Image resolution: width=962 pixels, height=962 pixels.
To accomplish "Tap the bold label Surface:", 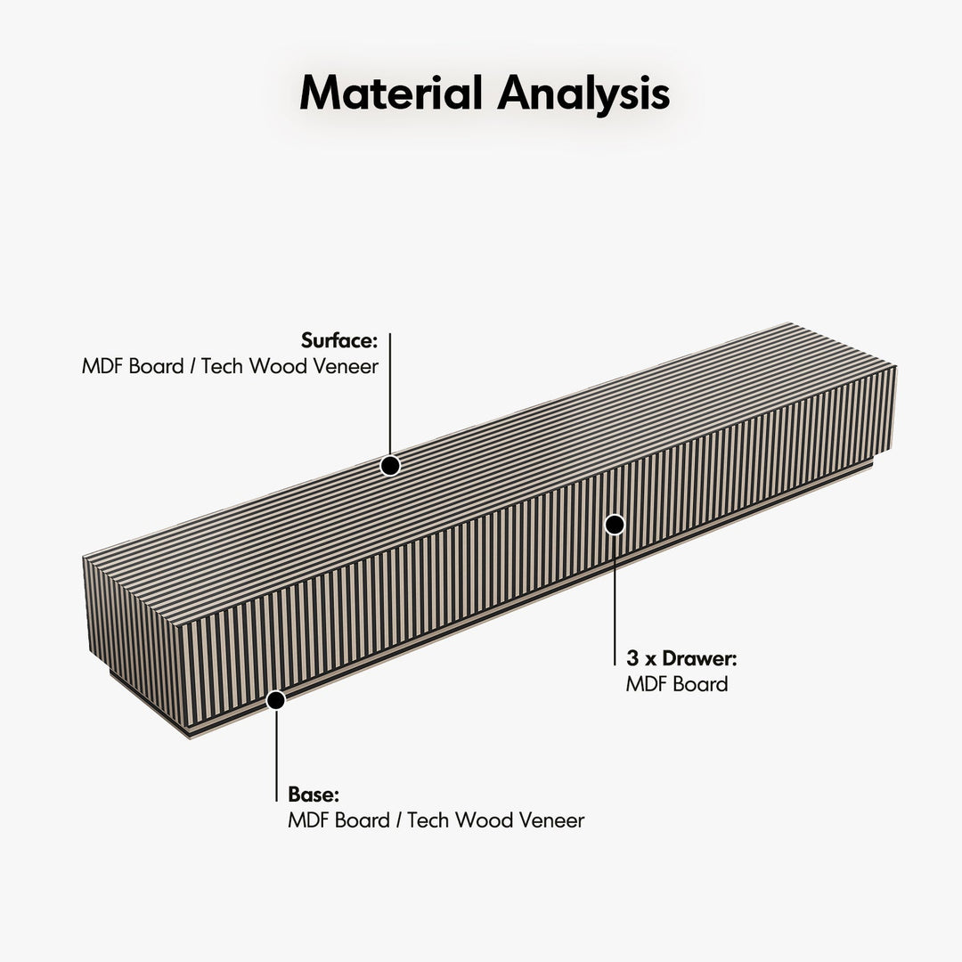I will click(x=339, y=340).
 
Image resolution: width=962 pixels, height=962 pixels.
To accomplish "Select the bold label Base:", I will click(x=313, y=794).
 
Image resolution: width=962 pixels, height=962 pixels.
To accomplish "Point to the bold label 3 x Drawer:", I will click(x=681, y=659).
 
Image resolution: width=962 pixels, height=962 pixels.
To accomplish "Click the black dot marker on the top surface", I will click(x=390, y=465).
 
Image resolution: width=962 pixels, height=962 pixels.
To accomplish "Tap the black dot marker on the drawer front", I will click(x=615, y=525).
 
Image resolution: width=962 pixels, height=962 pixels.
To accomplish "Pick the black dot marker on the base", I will click(x=276, y=700).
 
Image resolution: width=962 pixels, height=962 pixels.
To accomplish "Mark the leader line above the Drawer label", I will click(x=615, y=597).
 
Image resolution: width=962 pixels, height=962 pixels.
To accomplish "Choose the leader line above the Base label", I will click(x=276, y=748).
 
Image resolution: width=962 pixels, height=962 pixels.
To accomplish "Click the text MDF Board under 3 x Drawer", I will click(x=677, y=684).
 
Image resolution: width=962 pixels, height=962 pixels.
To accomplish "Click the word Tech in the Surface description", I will click(x=222, y=366).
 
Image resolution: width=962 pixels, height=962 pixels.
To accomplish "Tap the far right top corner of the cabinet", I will click(x=893, y=368).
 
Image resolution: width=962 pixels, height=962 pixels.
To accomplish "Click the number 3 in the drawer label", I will click(x=632, y=659).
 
